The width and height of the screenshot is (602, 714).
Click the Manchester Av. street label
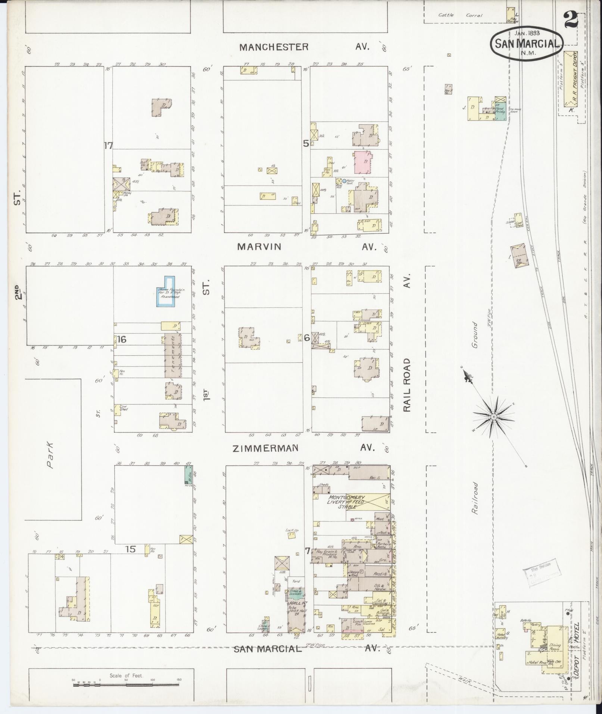coord(304,47)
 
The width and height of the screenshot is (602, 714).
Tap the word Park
coord(50,455)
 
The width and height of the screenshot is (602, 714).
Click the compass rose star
coord(493,415)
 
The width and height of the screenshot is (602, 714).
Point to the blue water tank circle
coord(344,181)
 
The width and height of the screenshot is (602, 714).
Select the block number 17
coord(108,146)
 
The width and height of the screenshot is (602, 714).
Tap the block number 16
coord(121,339)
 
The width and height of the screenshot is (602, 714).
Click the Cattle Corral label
coord(461,15)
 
